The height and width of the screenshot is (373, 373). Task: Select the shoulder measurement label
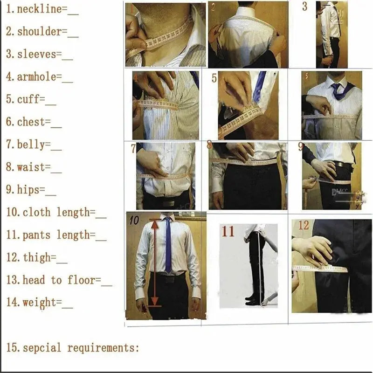click(x=40, y=32)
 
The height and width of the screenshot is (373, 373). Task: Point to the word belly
click(x=34, y=145)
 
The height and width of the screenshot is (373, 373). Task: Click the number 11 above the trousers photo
click(x=228, y=231)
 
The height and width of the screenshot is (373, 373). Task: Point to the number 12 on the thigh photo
click(x=304, y=226)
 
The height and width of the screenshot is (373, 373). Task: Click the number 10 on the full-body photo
click(x=134, y=221)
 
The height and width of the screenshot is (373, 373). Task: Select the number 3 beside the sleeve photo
click(x=304, y=7)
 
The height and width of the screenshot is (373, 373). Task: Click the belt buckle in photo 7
click(x=168, y=202)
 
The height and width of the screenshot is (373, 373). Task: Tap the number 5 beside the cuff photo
click(x=214, y=78)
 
